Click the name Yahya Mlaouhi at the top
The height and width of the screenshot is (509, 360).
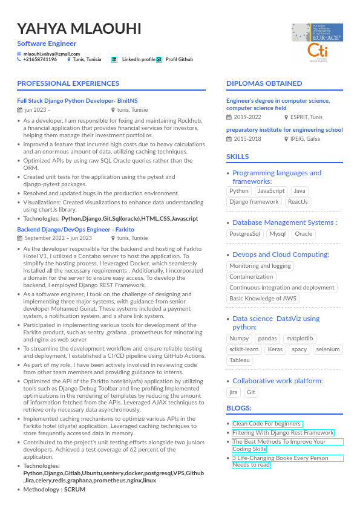[79, 28]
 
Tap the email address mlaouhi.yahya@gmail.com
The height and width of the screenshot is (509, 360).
[48, 54]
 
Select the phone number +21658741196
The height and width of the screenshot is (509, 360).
[40, 60]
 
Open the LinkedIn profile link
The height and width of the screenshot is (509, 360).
[139, 60]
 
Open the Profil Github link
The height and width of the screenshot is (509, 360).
[179, 60]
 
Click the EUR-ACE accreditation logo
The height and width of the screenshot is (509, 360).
[317, 32]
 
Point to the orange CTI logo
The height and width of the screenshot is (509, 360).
[317, 52]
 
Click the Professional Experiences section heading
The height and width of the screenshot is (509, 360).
[68, 83]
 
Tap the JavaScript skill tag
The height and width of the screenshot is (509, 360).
[271, 191]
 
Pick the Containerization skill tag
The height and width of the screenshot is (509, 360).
[251, 277]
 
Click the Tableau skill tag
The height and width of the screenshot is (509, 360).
[239, 360]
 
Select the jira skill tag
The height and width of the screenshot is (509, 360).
[234, 392]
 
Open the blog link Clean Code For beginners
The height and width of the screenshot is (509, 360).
[266, 424]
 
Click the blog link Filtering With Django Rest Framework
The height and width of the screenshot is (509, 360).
[283, 433]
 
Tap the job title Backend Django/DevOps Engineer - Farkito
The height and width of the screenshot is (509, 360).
[76, 230]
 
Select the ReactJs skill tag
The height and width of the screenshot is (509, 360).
[298, 202]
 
